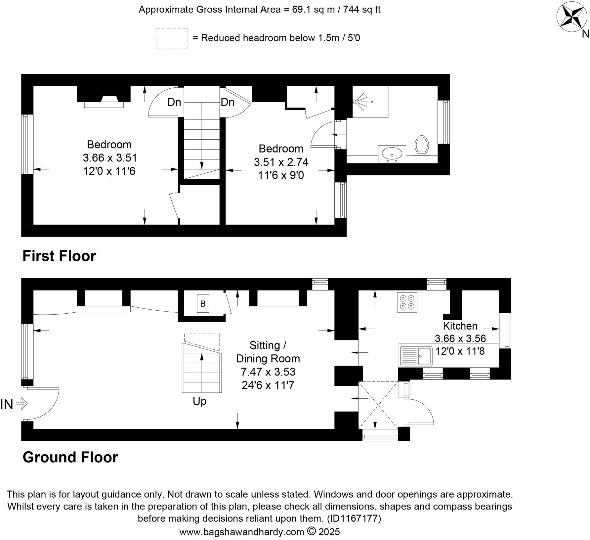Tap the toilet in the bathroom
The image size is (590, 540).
[x=422, y=145]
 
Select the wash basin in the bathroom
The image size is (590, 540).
[x=392, y=154]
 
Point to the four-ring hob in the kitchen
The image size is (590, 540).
[x=407, y=302]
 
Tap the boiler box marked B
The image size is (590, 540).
[x=203, y=303]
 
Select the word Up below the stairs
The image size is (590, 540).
[x=199, y=401]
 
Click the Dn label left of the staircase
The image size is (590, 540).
[x=174, y=102]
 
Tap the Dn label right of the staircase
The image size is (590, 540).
[x=228, y=102]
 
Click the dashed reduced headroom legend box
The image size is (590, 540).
[x=171, y=39]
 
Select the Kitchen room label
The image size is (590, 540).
[x=460, y=326]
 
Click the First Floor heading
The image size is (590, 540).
[x=59, y=256]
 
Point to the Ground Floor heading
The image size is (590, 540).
[x=70, y=457]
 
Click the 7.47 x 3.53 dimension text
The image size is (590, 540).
[x=268, y=372]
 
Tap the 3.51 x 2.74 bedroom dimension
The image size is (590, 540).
[x=281, y=162]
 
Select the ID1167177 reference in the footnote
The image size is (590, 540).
[x=354, y=518]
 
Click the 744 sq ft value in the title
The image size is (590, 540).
[x=362, y=10]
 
